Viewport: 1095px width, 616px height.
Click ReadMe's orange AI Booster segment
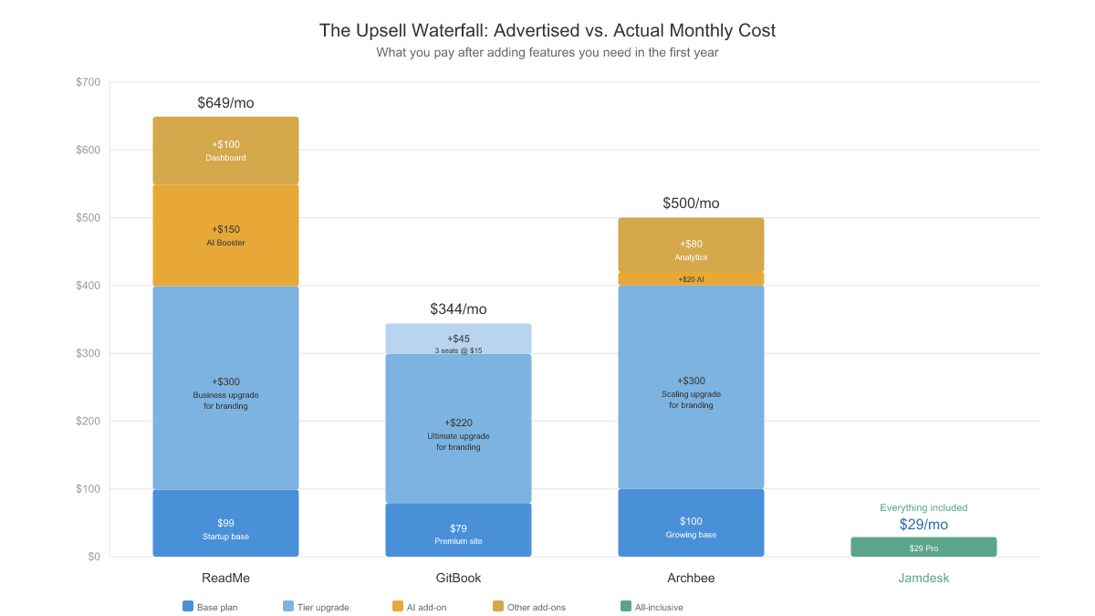(225, 235)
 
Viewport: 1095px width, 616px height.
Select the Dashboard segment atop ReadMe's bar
(225, 151)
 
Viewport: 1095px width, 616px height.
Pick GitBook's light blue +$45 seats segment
(458, 339)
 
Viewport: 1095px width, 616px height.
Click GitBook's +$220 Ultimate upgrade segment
(458, 428)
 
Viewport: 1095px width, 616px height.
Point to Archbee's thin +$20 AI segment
(691, 279)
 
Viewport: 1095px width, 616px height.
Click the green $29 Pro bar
(923, 547)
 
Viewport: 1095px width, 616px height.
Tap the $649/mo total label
(225, 103)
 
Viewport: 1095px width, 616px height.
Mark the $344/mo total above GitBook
(458, 309)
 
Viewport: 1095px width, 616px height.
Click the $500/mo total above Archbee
(691, 204)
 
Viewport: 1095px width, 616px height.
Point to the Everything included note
(923, 507)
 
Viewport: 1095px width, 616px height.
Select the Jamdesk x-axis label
(923, 578)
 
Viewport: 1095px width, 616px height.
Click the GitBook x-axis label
(458, 578)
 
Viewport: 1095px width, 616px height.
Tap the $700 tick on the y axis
(89, 82)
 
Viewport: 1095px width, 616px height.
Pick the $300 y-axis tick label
(89, 353)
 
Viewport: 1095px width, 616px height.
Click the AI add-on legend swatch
(397, 606)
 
